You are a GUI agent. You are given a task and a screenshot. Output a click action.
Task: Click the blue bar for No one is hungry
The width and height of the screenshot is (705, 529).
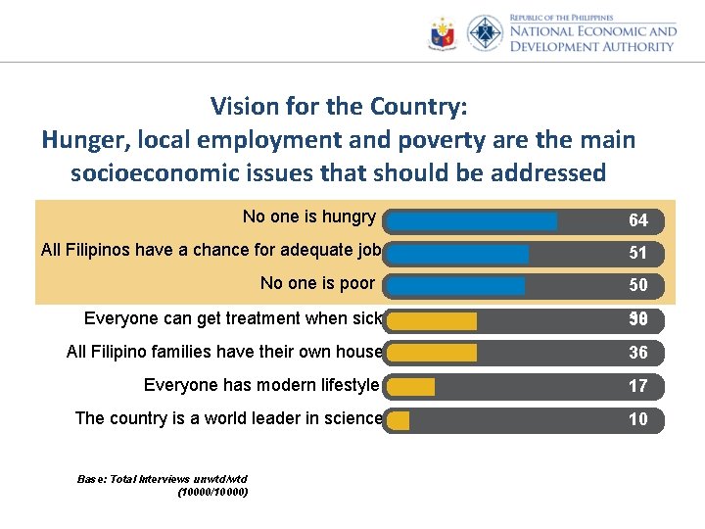(472, 220)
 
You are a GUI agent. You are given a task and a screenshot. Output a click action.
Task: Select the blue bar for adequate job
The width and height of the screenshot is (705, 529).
(458, 254)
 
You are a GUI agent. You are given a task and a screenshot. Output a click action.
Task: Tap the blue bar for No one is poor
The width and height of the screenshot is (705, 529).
(456, 286)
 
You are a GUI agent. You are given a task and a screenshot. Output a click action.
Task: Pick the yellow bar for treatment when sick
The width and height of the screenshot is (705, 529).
(432, 320)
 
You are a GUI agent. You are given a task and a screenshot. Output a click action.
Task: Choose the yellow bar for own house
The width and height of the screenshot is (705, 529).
(432, 353)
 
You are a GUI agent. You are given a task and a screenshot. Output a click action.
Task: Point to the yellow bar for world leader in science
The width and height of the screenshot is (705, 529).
(399, 420)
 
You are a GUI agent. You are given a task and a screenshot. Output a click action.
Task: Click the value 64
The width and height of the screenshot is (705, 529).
(637, 220)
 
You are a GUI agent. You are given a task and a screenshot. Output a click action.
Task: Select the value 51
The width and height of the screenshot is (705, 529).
(637, 254)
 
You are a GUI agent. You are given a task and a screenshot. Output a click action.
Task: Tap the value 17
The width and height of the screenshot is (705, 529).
(637, 387)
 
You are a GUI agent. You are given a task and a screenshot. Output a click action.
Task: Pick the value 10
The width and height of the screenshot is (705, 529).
(637, 420)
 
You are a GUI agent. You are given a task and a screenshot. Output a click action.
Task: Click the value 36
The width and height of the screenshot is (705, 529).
(637, 353)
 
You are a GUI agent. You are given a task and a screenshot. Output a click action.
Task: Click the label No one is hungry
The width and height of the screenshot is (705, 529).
(308, 216)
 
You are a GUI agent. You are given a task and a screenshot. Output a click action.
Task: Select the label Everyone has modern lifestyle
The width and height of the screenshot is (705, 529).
(260, 385)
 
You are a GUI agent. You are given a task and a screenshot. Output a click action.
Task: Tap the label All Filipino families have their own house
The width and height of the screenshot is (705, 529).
(223, 352)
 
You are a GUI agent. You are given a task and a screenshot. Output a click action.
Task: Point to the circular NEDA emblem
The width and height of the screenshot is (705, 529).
(485, 33)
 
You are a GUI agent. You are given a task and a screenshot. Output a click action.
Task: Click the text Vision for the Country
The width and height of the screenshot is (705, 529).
(339, 106)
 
